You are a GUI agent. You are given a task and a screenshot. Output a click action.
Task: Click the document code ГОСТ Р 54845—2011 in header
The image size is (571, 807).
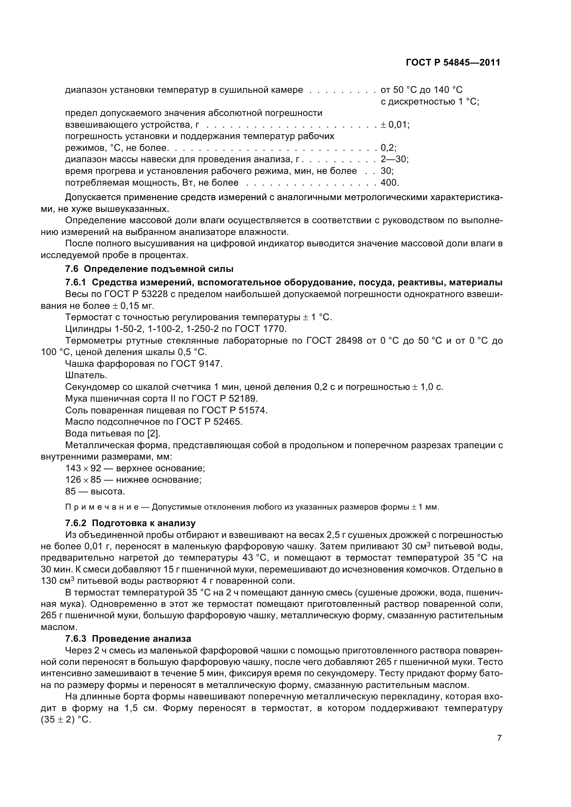tap(453, 62)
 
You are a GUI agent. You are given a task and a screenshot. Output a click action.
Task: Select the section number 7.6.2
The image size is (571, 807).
tap(76, 523)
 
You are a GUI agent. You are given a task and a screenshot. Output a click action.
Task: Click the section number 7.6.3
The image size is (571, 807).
tap(76, 639)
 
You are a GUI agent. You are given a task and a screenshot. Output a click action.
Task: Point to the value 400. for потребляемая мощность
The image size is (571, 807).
tap(389, 183)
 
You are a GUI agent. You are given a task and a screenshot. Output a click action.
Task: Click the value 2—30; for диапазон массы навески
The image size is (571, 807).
tap(394, 159)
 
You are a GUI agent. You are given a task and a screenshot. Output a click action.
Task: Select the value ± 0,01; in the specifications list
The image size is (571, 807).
tap(395, 125)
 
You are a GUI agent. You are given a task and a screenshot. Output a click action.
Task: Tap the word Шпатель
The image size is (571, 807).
tap(86, 375)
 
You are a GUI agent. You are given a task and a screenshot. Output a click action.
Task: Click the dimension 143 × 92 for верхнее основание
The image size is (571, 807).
tap(83, 468)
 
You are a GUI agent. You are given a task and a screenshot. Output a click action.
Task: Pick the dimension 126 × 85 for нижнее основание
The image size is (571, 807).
tap(83, 480)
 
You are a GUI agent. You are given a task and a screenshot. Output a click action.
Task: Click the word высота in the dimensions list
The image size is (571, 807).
tap(108, 491)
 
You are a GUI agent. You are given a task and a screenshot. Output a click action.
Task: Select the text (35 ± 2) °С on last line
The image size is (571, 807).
tap(66, 719)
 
